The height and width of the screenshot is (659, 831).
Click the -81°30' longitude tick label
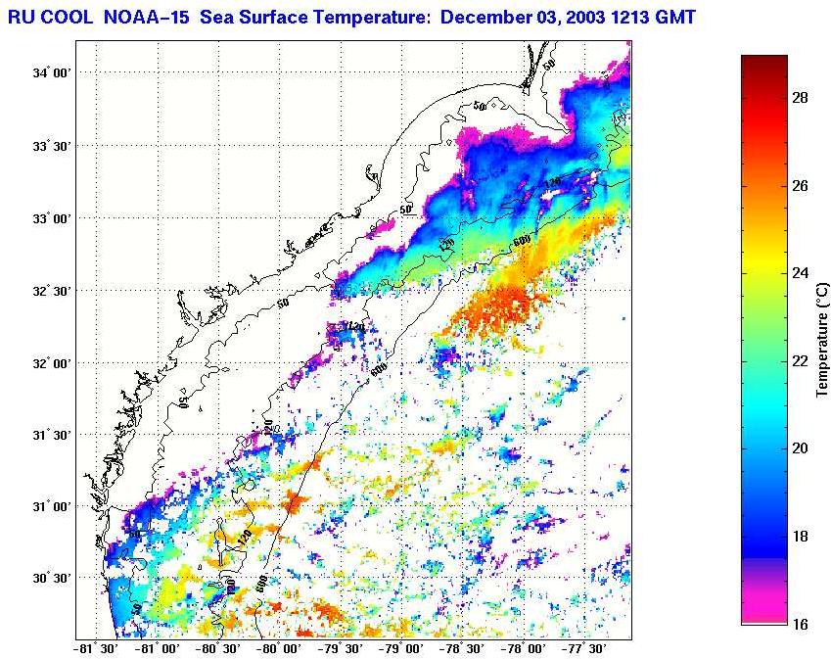coord(98,648)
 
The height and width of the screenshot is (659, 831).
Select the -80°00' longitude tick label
coord(281,648)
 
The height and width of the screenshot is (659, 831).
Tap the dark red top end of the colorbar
coord(764,61)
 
